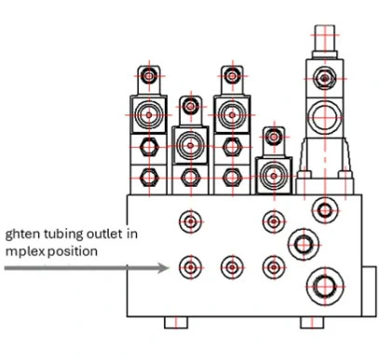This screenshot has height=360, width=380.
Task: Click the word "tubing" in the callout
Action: tap(63, 234)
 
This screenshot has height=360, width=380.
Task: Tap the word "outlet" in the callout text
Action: tap(104, 233)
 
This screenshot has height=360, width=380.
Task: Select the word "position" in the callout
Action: tap(73, 251)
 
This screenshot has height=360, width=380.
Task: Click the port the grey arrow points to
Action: tap(191, 267)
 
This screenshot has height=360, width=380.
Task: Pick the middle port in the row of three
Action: tap(232, 267)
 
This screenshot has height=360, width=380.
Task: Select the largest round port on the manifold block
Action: tap(325, 287)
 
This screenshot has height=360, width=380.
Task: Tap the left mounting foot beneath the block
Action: tap(176, 322)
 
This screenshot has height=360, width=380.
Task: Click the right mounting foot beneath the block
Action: tap(312, 322)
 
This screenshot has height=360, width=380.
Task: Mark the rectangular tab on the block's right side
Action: tap(369, 291)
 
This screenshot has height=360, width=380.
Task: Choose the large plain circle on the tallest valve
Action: tap(325, 117)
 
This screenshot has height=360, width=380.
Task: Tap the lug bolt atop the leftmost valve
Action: tap(149, 76)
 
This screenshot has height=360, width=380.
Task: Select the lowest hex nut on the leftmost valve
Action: tap(149, 178)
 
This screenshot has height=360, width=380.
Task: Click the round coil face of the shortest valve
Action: tap(274, 176)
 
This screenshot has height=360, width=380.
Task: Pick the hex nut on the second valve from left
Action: tap(191, 178)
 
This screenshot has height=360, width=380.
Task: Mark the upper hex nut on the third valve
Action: tap(232, 147)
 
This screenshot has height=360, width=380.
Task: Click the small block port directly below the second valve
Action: tap(191, 221)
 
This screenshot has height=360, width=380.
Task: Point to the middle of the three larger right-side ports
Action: tap(304, 245)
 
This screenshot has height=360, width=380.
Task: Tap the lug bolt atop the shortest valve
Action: tap(274, 137)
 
